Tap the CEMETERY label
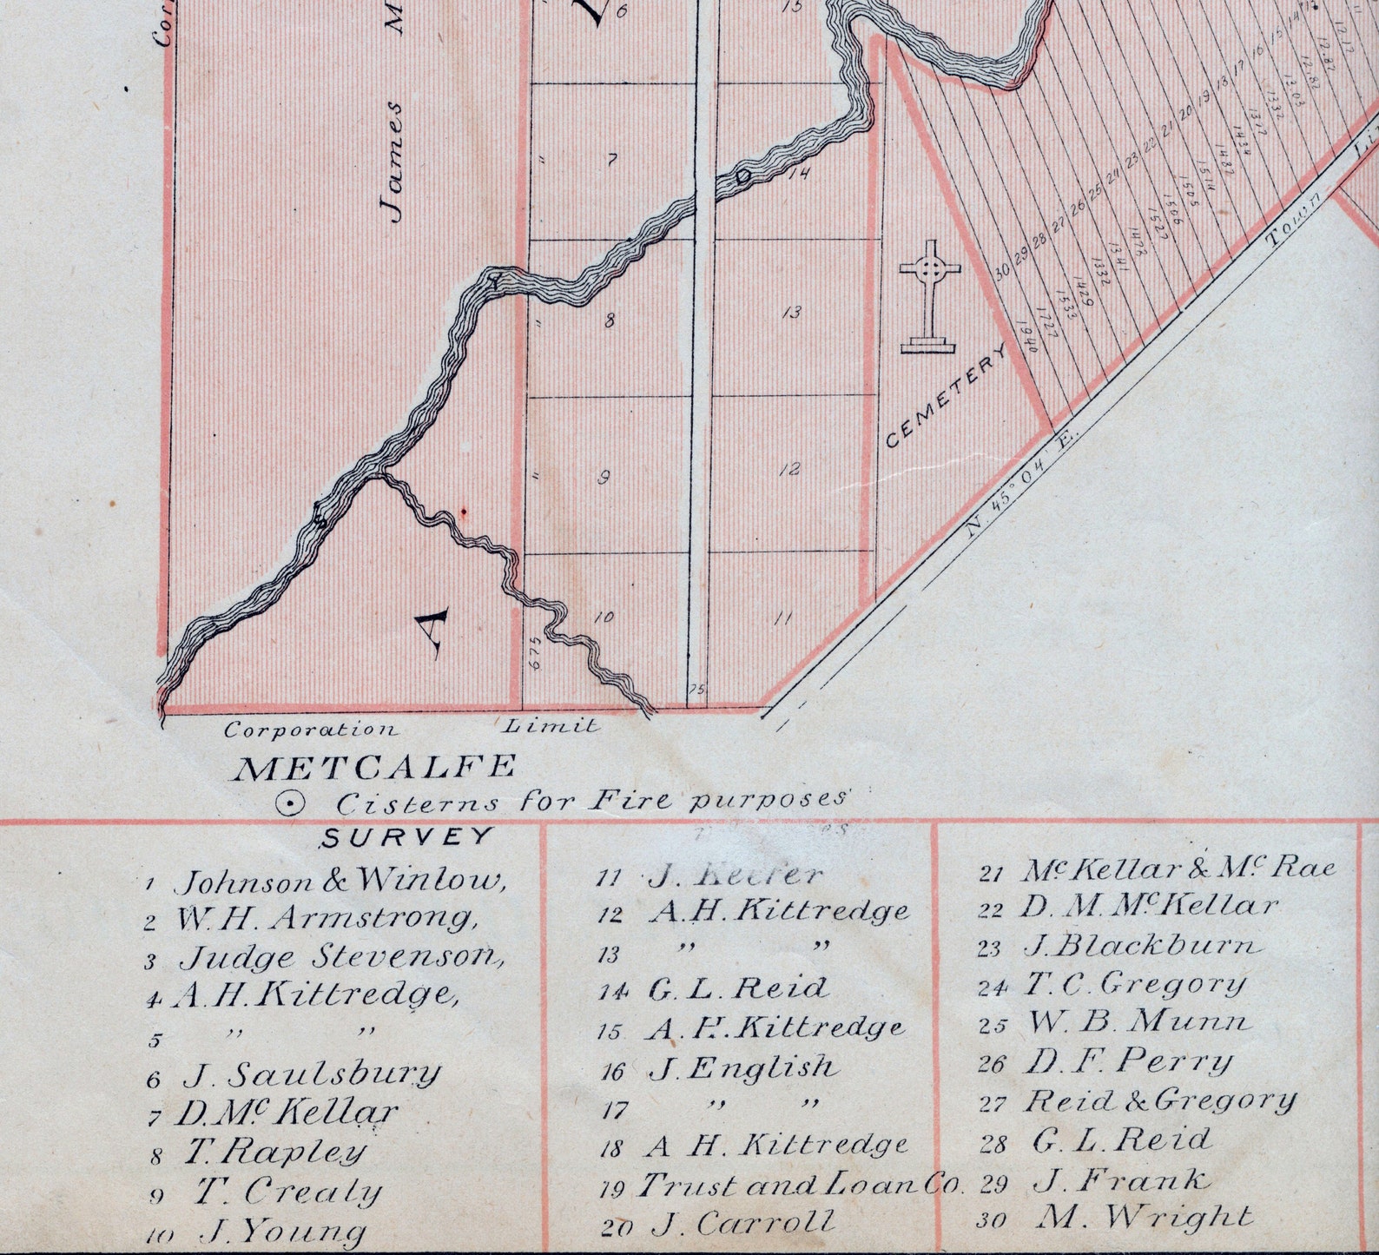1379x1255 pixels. point(947,397)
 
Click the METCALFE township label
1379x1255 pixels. point(376,768)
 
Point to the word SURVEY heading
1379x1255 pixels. point(406,838)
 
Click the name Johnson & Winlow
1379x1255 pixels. point(340,881)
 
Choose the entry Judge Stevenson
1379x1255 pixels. point(342,957)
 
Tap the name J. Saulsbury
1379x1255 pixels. point(311,1075)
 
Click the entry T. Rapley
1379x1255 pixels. point(274,1153)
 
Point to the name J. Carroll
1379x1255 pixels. point(743,1224)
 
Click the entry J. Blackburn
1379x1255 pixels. point(1140,946)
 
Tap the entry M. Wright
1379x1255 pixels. point(1145,1217)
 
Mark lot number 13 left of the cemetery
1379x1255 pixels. point(791,312)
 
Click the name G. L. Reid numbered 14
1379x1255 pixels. point(737,987)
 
